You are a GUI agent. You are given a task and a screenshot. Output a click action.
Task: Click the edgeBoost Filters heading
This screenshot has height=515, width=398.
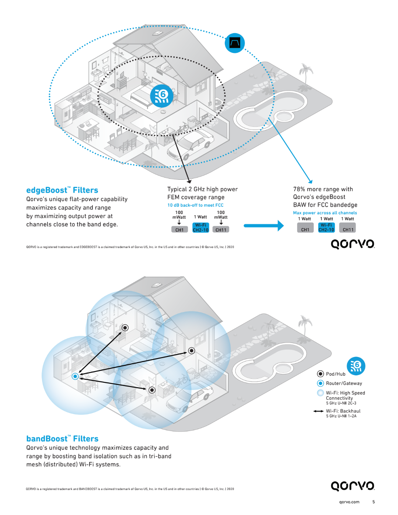pyautogui.click(x=62, y=190)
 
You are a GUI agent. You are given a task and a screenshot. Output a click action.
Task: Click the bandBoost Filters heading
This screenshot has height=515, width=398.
pyautogui.click(x=62, y=439)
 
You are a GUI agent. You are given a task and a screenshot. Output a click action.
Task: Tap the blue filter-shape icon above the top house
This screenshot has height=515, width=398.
pyautogui.click(x=235, y=43)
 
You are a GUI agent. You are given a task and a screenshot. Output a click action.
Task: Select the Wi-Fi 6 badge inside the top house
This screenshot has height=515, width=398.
pyautogui.click(x=161, y=96)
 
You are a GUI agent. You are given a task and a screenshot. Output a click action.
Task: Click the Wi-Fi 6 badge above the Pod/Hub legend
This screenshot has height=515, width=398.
pyautogui.click(x=356, y=366)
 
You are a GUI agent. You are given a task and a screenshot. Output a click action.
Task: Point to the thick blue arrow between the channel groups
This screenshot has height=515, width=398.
pyautogui.click(x=263, y=225)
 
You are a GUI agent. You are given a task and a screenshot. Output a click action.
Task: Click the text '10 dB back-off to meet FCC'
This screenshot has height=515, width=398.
pyautogui.click(x=195, y=205)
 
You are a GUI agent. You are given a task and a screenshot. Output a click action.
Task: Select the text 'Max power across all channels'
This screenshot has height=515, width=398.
pyautogui.click(x=325, y=213)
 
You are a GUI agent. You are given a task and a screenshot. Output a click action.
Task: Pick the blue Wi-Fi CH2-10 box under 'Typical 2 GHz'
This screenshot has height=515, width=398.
pyautogui.click(x=200, y=228)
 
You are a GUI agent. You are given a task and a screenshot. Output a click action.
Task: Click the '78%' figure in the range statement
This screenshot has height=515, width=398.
pyautogui.click(x=299, y=189)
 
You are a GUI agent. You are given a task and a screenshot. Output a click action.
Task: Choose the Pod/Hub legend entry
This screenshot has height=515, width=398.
pyautogui.click(x=335, y=374)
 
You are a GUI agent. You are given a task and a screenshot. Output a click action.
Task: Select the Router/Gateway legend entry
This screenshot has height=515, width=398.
pyautogui.click(x=343, y=383)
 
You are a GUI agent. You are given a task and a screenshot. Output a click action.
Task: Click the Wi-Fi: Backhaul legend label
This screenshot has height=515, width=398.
pyautogui.click(x=343, y=411)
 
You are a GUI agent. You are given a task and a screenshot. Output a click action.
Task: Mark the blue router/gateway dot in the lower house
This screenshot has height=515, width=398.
pyautogui.click(x=75, y=376)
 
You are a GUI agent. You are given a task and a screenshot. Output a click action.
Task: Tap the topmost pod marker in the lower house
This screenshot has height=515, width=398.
pyautogui.click(x=125, y=327)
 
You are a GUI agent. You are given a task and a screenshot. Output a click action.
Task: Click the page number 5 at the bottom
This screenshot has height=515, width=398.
pyautogui.click(x=373, y=502)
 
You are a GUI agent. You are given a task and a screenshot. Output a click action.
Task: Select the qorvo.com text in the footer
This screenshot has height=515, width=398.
pyautogui.click(x=349, y=502)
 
